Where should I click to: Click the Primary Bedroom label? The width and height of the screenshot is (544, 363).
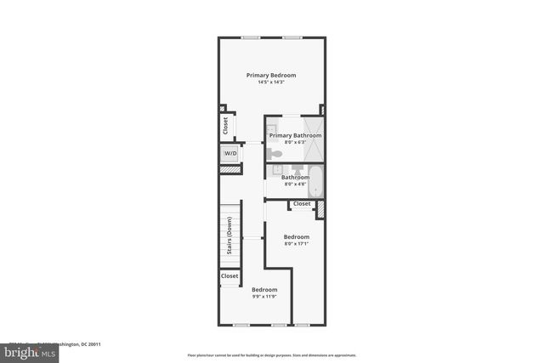coord(271,76)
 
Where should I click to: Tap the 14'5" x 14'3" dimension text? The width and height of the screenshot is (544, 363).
coord(271,82)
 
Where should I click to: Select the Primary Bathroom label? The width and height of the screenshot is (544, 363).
coord(295,135)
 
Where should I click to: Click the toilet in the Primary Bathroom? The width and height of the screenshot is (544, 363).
coord(275,154)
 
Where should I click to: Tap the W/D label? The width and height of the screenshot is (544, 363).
coord(230,154)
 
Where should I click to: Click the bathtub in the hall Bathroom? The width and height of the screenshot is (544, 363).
coord(315,181)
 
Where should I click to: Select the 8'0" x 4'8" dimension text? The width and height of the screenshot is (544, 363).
coord(295,184)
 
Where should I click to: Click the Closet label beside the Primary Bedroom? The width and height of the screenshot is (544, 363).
coord(225,126)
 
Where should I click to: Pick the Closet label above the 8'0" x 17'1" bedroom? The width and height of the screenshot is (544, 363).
coord(302,204)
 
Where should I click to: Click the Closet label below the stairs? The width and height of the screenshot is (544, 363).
coord(229,276)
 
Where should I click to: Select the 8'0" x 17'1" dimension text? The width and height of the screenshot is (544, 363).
coord(296,244)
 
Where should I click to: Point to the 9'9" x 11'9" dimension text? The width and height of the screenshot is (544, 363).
coord(264,297)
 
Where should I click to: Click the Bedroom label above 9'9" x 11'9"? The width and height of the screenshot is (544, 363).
coord(264,290)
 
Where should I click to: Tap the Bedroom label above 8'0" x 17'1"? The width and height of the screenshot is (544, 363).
coord(296,236)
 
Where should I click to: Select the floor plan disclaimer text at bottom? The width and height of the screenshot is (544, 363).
coord(272,354)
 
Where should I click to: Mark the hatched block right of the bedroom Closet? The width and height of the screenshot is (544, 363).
coord(321,209)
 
